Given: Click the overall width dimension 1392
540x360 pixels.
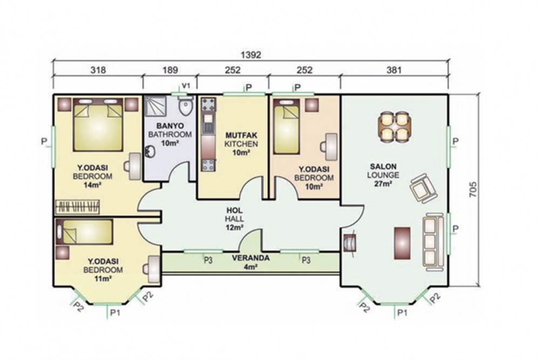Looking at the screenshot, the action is (251, 55).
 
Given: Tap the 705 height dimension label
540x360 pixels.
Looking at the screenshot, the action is (474, 189).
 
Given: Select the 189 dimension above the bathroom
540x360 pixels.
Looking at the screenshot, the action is (170, 70).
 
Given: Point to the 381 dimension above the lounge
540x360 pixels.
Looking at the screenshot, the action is (394, 70).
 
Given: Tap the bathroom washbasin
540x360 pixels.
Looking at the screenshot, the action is (150, 152).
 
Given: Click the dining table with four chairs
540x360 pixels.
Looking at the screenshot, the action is (394, 127).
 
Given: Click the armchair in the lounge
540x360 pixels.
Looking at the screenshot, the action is (423, 188).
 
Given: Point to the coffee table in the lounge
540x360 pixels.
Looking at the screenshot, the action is (402, 243).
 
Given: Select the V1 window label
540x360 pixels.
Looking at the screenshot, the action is (185, 85).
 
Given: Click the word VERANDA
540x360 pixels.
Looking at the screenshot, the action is (251, 258).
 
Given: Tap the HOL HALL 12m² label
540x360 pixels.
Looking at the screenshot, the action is (234, 219).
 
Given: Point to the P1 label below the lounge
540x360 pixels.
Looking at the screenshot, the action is (402, 313).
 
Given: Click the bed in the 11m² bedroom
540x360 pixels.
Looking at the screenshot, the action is (84, 232).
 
